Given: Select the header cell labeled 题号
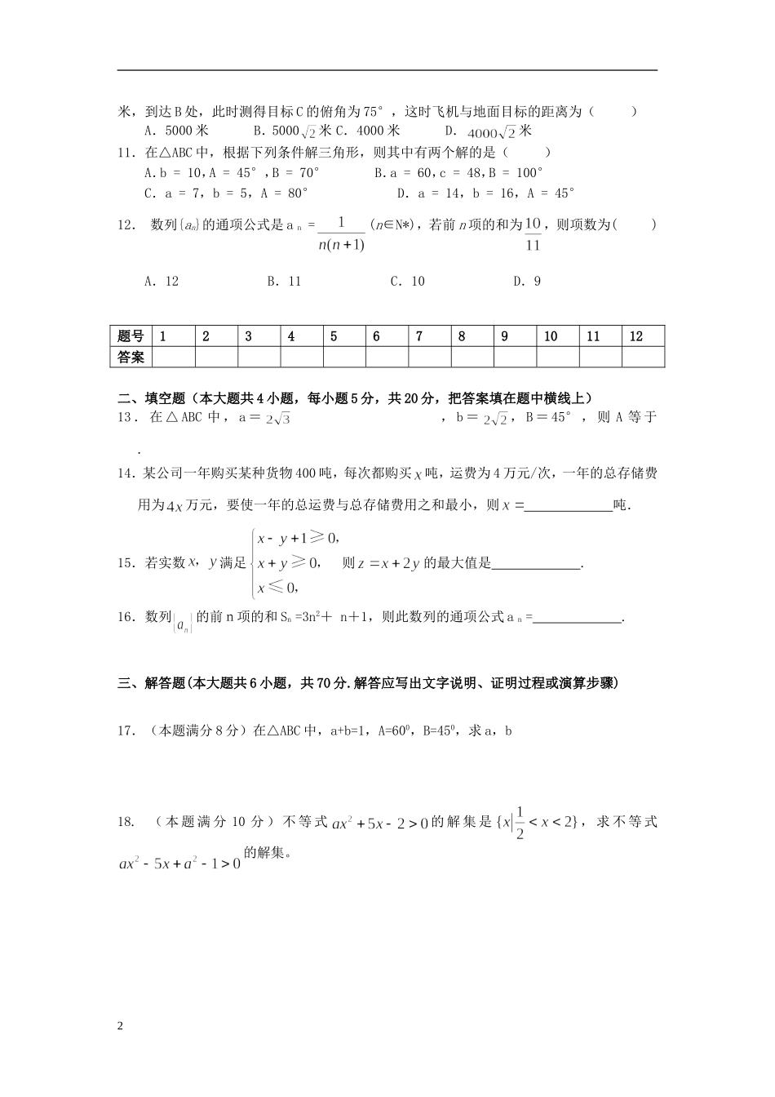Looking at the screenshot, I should [x=131, y=336].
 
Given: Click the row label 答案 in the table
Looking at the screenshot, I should [x=131, y=358].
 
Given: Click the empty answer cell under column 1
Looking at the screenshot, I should [x=173, y=358].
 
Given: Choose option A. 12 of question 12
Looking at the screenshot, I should [x=161, y=282].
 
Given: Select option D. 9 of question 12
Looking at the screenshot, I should [x=527, y=282].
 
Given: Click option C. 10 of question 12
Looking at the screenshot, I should [x=407, y=282].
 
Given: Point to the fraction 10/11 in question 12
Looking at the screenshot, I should [x=533, y=233].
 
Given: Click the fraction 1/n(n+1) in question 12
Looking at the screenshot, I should [x=341, y=233].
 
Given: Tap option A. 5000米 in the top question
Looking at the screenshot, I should [x=176, y=131].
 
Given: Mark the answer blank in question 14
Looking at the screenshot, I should [x=569, y=506].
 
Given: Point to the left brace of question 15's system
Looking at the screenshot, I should [x=250, y=562].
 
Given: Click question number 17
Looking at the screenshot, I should [x=126, y=731].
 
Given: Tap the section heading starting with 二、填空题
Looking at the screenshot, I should [x=355, y=398].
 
